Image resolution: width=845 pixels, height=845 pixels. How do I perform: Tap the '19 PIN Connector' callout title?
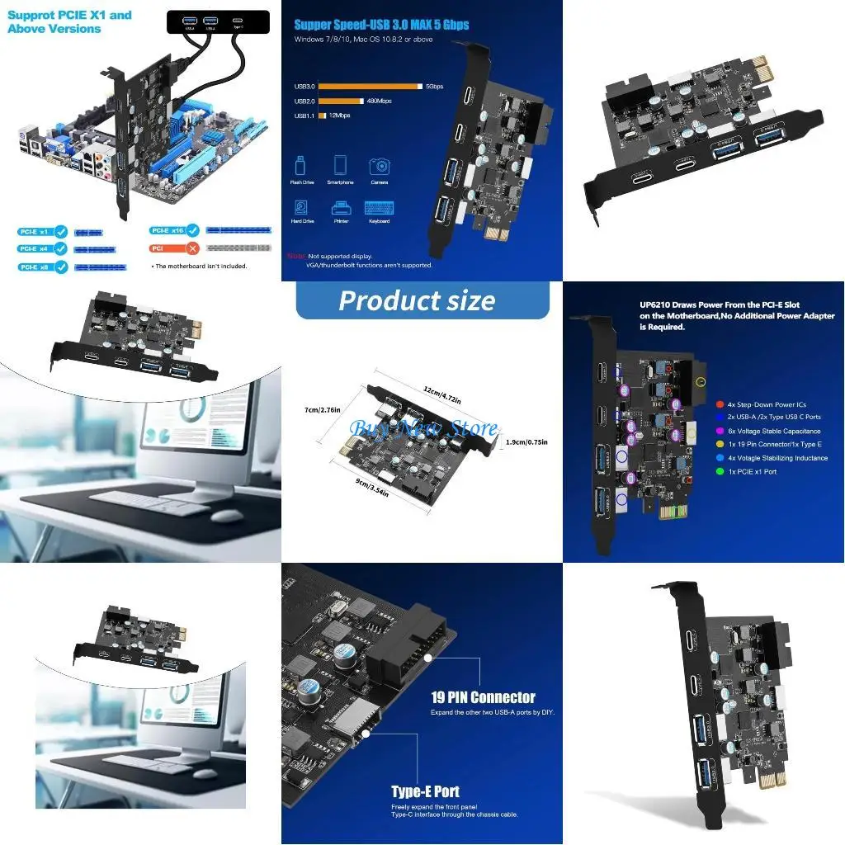tap(483, 697)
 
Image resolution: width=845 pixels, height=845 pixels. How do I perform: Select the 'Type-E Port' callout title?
tap(425, 791)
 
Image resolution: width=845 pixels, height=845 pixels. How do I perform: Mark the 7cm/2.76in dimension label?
tap(322, 408)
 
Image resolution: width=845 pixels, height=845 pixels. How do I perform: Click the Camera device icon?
tap(380, 167)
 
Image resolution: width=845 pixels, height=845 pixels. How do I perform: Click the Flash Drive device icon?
tap(301, 166)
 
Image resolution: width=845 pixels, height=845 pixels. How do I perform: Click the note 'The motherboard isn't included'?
tap(199, 266)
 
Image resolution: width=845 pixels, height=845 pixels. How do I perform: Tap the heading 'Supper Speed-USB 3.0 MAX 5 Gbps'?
tap(381, 25)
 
